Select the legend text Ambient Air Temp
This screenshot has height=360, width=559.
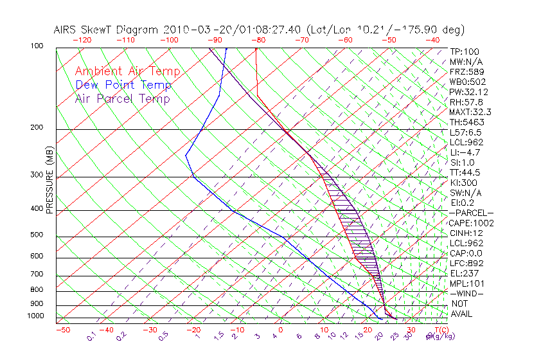point(127,71)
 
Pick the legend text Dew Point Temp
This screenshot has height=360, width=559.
point(123,85)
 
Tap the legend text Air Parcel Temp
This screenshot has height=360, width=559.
point(122,98)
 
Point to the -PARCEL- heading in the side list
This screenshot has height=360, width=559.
point(471,213)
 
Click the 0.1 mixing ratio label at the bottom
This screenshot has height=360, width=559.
point(91,337)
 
